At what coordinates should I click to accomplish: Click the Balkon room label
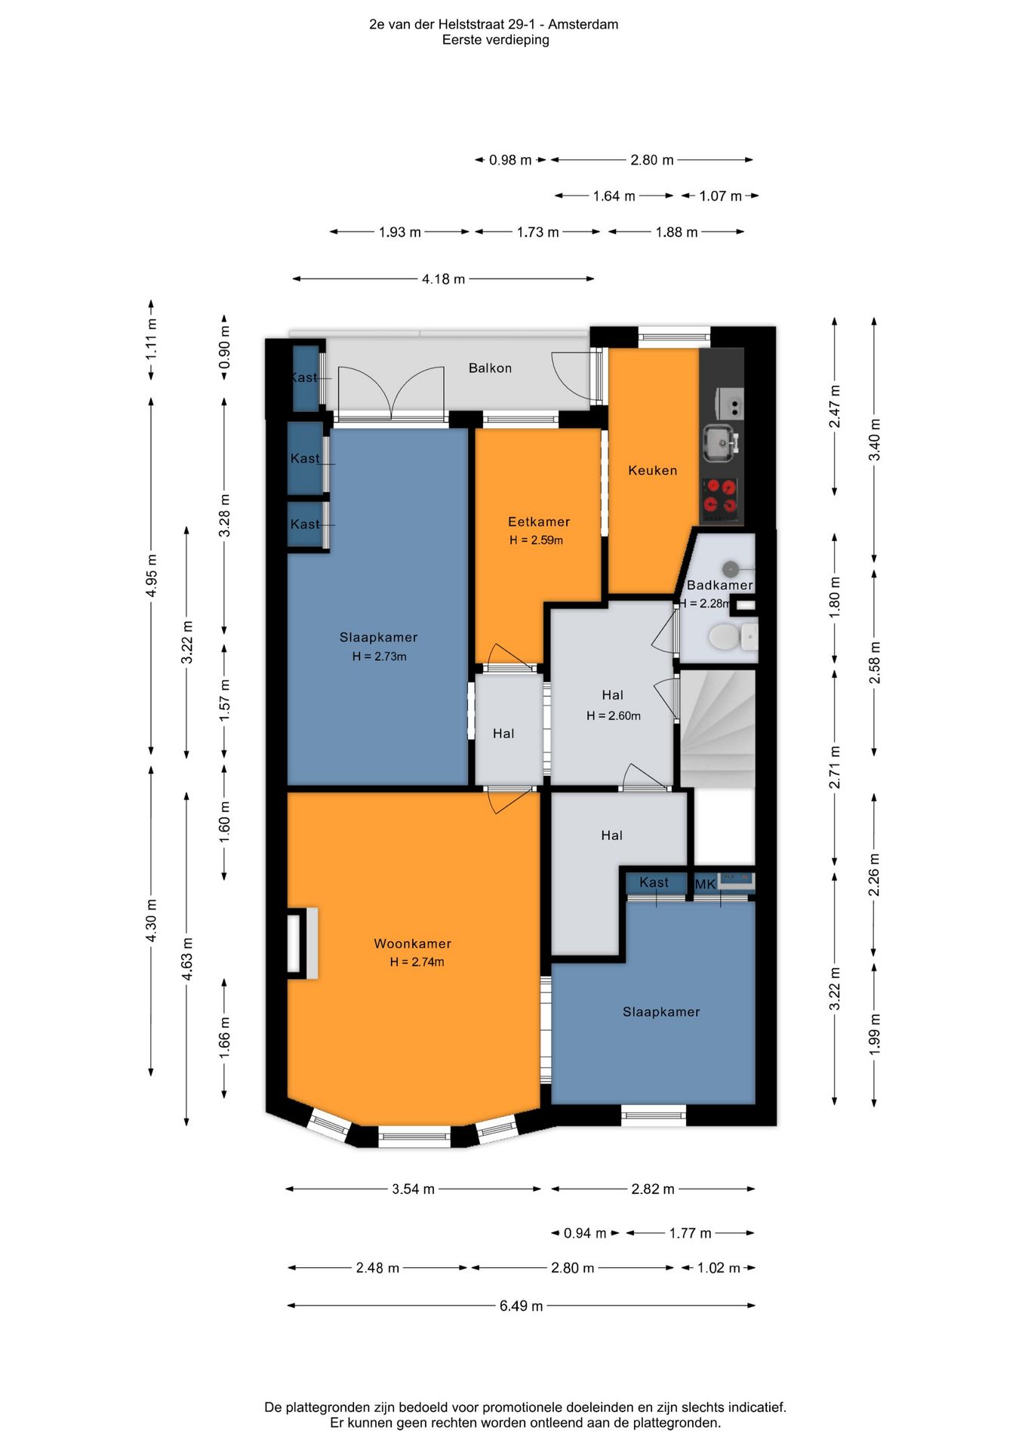(x=490, y=368)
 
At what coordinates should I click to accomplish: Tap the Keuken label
(x=653, y=470)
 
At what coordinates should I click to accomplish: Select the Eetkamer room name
(x=539, y=521)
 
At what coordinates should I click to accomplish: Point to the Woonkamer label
(x=413, y=943)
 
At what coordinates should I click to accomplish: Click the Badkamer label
(x=720, y=585)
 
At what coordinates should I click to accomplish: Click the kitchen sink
(x=720, y=441)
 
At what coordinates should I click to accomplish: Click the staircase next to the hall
(x=718, y=729)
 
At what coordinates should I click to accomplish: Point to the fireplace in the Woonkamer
(x=302, y=943)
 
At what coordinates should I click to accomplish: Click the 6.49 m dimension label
(x=521, y=1306)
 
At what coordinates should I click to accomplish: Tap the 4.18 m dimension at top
(x=443, y=279)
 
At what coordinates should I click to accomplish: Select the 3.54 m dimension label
(x=413, y=1189)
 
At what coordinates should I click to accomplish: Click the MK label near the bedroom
(x=705, y=884)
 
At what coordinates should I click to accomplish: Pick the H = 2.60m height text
(x=614, y=715)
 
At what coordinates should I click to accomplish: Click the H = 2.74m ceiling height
(x=417, y=962)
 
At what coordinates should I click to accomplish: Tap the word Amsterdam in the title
(x=583, y=24)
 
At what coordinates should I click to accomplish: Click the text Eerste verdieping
(x=495, y=40)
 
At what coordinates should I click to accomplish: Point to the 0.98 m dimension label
(x=510, y=160)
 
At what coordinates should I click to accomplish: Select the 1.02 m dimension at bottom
(x=719, y=1268)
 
